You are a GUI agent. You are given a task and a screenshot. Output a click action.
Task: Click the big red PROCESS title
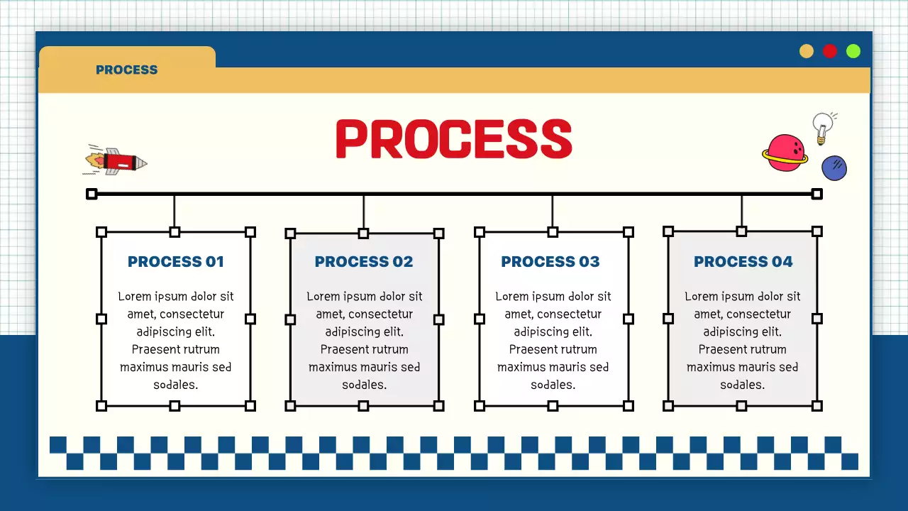coord(453,138)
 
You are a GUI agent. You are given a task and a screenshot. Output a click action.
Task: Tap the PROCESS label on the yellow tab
coord(126,70)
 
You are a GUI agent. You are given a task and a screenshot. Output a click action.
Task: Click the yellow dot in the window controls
coord(807,51)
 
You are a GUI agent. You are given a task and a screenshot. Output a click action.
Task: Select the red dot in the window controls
coord(830,51)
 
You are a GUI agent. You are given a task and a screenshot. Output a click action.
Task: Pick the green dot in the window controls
coord(853,51)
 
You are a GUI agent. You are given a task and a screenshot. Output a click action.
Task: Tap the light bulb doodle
coord(822,127)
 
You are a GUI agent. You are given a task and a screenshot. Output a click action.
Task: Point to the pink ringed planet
coord(785,153)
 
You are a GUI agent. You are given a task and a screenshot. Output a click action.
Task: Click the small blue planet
coord(834,168)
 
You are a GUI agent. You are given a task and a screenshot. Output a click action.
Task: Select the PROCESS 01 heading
coord(176,262)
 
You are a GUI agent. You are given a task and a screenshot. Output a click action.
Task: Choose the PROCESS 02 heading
coord(364,262)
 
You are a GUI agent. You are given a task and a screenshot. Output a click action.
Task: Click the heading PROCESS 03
coord(550,262)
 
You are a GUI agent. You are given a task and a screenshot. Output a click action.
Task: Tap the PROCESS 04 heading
coord(743,262)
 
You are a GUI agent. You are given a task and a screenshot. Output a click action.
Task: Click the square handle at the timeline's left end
coord(92,194)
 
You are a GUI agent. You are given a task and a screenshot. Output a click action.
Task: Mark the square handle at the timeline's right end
coord(817,194)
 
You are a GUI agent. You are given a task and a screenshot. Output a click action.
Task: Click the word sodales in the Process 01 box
coord(175,385)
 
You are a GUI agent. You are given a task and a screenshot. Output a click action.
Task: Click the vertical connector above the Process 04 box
coord(741,210)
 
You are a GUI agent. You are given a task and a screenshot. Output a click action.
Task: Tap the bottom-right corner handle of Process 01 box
coord(250,406)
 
